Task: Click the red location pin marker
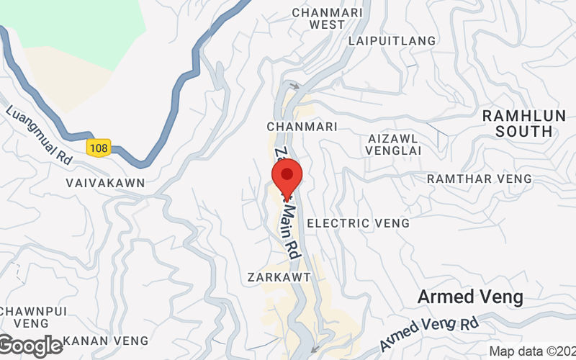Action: pyautogui.click(x=287, y=178)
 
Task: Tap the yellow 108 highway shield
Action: pyautogui.click(x=98, y=147)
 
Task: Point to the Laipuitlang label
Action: pyautogui.click(x=392, y=41)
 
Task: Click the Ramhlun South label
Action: pyautogui.click(x=518, y=124)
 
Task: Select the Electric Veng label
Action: pyautogui.click(x=358, y=223)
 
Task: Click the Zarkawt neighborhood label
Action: pyautogui.click(x=278, y=276)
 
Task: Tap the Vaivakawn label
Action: pyautogui.click(x=105, y=183)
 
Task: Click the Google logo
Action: pyautogui.click(x=30, y=346)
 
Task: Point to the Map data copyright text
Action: pyautogui.click(x=531, y=351)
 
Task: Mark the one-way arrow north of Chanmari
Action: pyautogui.click(x=294, y=86)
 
